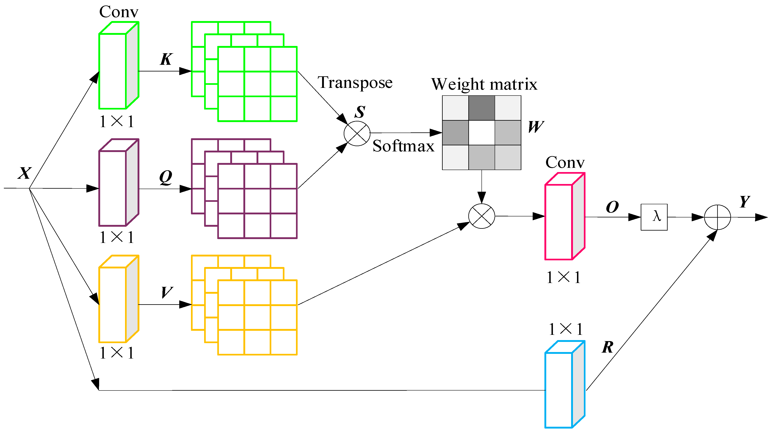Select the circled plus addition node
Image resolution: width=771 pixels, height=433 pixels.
(x=717, y=217)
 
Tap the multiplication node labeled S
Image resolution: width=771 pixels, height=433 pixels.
(x=357, y=133)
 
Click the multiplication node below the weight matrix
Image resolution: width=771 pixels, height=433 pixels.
(x=481, y=216)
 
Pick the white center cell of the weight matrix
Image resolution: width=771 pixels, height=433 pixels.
(x=481, y=133)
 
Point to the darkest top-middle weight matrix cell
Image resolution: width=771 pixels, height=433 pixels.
(x=481, y=108)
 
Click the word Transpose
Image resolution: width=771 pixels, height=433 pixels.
(x=355, y=83)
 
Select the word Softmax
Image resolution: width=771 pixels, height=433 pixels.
(x=403, y=146)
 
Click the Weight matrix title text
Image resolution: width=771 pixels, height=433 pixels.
(x=484, y=84)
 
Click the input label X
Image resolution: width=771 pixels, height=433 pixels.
(x=24, y=173)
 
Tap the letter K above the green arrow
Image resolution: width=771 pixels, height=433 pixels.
(x=166, y=59)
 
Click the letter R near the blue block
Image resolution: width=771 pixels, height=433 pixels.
(x=608, y=347)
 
